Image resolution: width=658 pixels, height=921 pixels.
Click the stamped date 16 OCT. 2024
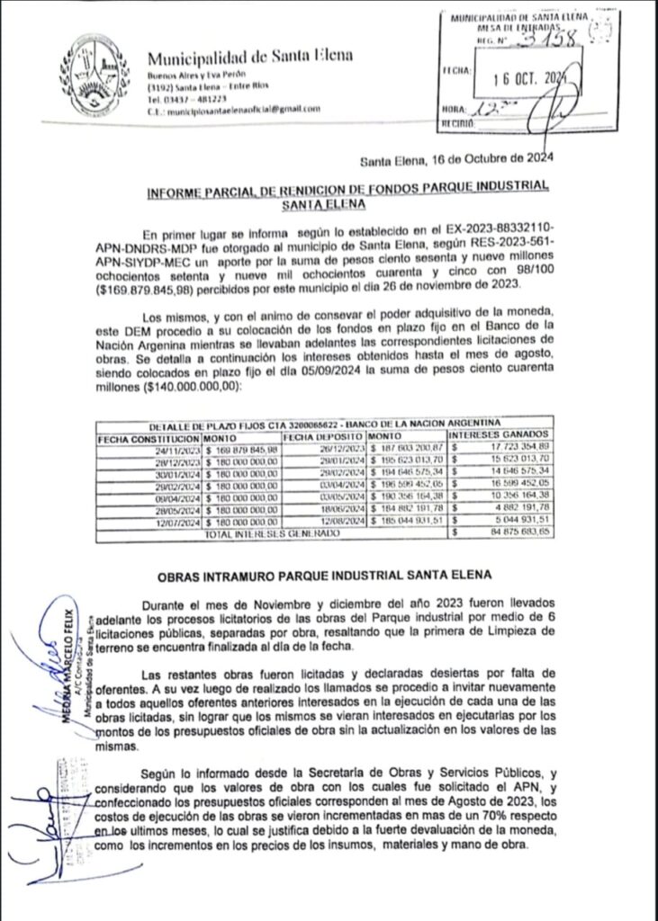click(x=521, y=77)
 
